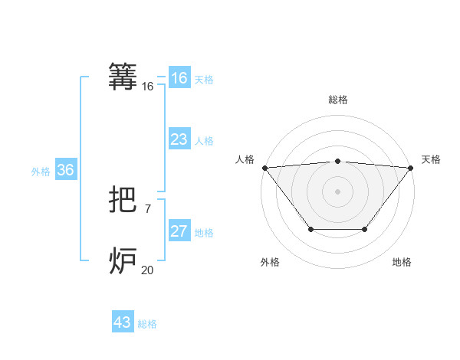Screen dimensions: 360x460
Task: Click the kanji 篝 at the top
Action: point(124,77)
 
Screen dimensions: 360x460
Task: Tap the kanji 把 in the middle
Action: point(124,201)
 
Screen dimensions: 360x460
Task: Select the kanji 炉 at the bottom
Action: point(124,261)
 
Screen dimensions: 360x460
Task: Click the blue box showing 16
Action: point(179,78)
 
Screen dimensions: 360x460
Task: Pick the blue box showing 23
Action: point(179,139)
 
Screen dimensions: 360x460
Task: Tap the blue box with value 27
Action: point(179,231)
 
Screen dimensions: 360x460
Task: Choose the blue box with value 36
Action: point(65,170)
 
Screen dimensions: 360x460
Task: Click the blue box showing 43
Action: point(123,322)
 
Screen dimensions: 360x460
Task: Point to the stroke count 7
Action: point(147,208)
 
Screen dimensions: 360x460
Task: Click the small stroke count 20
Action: point(147,270)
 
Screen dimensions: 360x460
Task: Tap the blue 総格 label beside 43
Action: point(147,324)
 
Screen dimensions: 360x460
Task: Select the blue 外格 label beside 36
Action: point(41,172)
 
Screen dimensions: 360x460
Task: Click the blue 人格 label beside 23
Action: point(204,141)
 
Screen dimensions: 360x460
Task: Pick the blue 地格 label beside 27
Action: point(204,233)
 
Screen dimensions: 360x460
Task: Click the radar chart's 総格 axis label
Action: point(337,100)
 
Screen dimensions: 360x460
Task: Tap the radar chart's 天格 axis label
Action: point(431,159)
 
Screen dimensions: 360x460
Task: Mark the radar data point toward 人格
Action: point(264,167)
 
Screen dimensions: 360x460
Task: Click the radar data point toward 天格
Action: point(411,167)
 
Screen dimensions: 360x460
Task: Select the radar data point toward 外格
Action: point(310,229)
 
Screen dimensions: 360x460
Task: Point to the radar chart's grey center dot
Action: point(337,191)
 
